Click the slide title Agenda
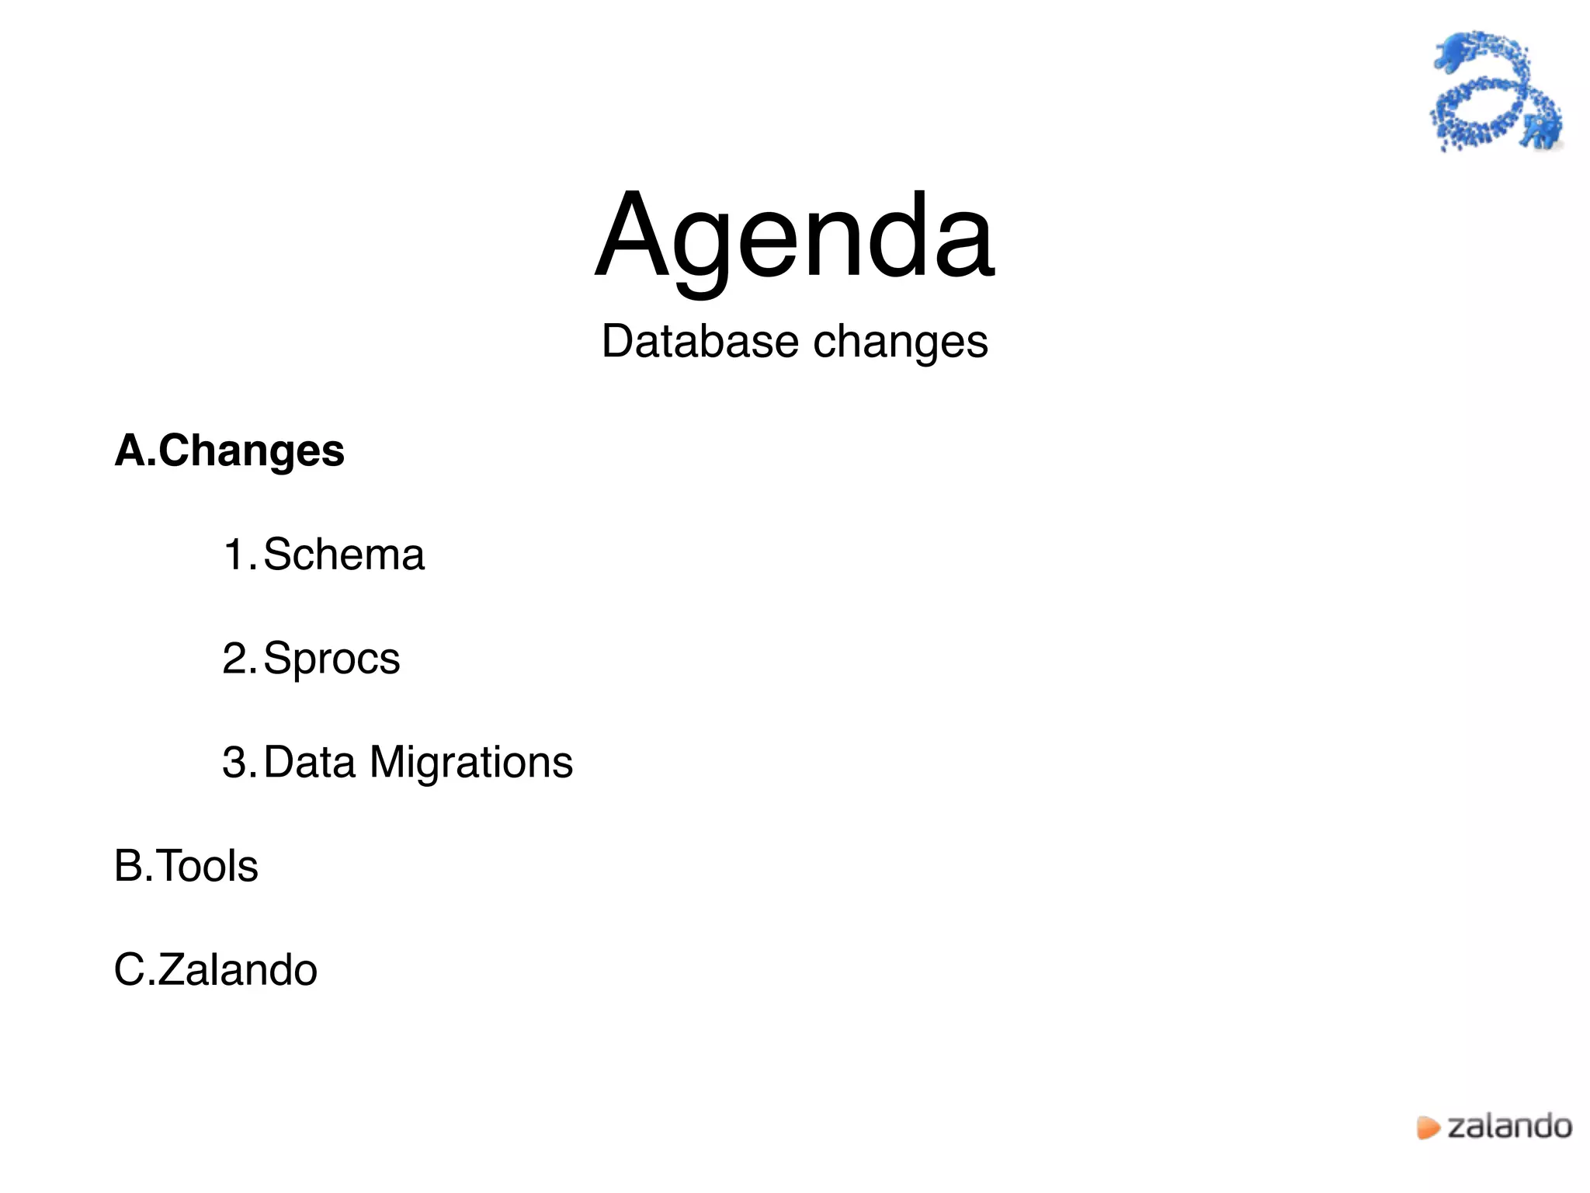[x=794, y=237]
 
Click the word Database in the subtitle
[x=700, y=342]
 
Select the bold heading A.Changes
[x=230, y=451]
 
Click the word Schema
[x=344, y=555]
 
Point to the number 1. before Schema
[x=238, y=555]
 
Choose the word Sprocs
[x=332, y=659]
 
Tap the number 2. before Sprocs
[x=238, y=659]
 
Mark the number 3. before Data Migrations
[x=238, y=762]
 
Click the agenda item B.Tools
[x=186, y=866]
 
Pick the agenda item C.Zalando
[x=216, y=970]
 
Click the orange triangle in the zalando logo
[x=1427, y=1128]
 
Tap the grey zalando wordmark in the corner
[x=1509, y=1126]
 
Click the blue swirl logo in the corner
[x=1495, y=92]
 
